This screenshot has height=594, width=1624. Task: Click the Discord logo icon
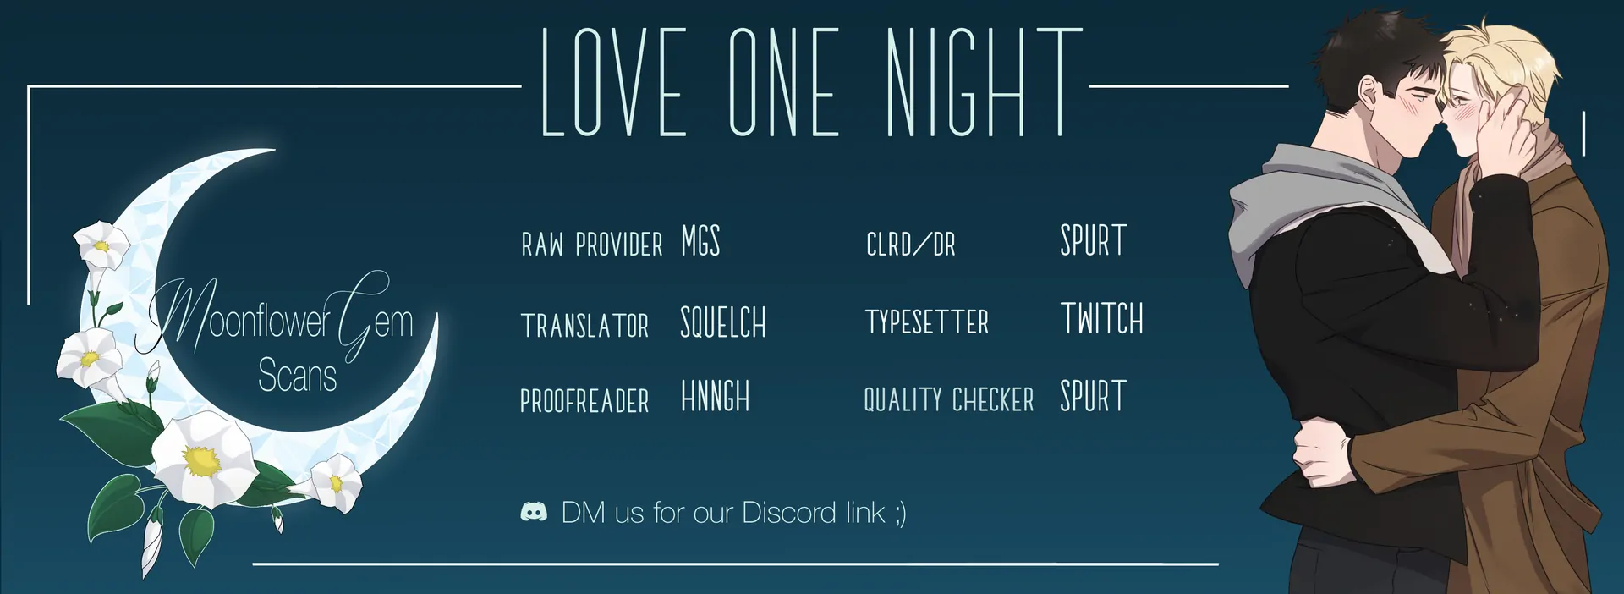tap(534, 512)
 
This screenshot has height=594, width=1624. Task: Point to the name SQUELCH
tap(723, 322)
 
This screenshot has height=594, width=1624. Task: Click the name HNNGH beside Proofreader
tap(716, 396)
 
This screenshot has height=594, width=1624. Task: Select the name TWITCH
tap(1102, 319)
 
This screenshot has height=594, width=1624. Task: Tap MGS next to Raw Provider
tap(700, 241)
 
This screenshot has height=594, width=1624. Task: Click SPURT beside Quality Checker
tap(1094, 396)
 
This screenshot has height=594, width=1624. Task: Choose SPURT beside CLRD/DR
tap(1094, 241)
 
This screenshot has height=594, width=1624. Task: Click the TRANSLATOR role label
tap(584, 326)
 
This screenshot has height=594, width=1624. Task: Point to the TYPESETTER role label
tap(927, 322)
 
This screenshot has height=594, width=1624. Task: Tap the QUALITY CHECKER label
tap(949, 399)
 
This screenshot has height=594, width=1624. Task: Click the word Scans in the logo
tap(297, 375)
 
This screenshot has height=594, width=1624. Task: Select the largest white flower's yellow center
tap(201, 460)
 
